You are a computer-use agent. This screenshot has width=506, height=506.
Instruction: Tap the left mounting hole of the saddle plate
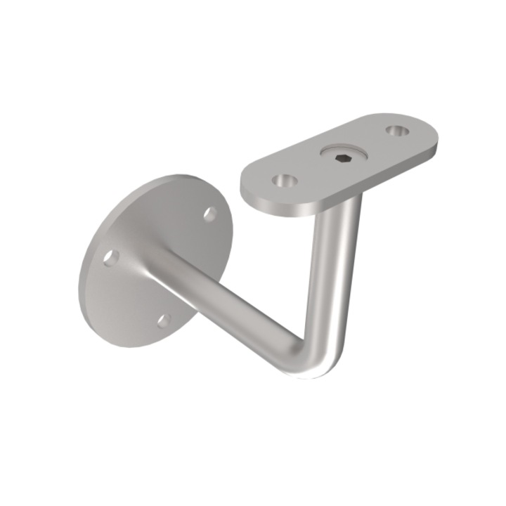tap(285, 181)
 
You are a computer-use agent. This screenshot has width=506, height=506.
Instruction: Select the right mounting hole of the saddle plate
tap(397, 131)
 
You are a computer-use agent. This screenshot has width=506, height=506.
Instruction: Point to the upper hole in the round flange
tap(209, 214)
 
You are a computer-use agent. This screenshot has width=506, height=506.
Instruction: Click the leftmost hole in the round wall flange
tap(110, 258)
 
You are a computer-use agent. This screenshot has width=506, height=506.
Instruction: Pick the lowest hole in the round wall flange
tap(163, 320)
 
